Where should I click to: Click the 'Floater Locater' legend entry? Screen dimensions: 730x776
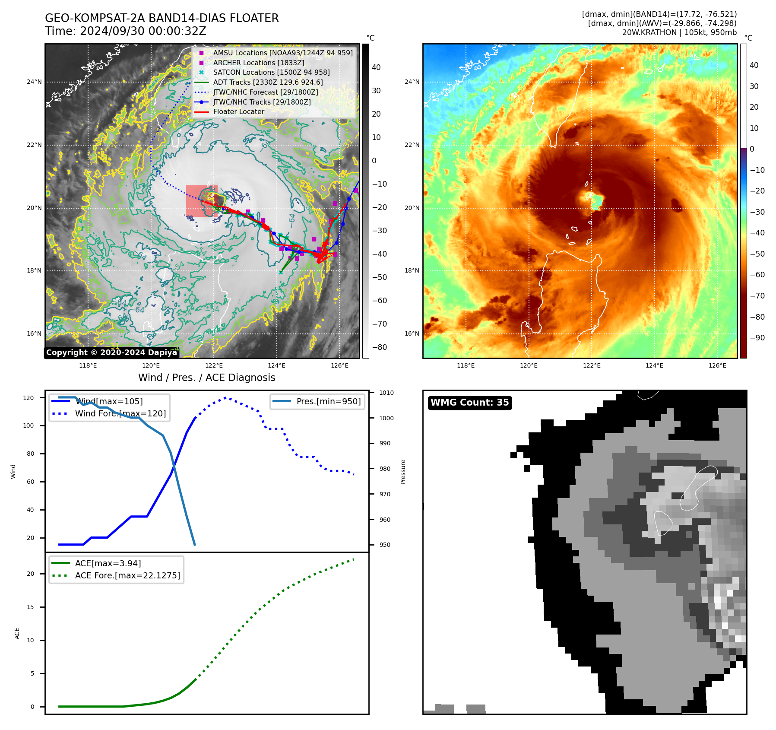[238, 111]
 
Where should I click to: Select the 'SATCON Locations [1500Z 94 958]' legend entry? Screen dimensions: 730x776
[271, 72]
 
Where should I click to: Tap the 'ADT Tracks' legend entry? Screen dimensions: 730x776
[268, 82]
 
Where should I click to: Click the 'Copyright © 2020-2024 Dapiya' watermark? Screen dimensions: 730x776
[111, 352]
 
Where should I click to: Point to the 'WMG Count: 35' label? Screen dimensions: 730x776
[469, 403]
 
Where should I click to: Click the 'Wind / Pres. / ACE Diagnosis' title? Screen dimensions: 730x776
[206, 378]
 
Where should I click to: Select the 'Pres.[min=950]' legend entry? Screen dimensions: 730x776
[328, 401]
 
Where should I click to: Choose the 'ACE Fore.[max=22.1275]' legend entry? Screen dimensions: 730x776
[127, 575]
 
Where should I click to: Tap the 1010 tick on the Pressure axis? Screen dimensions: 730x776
[386, 393]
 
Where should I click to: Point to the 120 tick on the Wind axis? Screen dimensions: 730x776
[29, 398]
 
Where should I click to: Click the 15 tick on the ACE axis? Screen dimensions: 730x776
[30, 607]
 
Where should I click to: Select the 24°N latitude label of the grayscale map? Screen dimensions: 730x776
[35, 82]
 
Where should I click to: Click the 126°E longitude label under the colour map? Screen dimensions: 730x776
[717, 365]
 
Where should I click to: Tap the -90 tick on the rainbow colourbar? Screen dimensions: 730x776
[757, 338]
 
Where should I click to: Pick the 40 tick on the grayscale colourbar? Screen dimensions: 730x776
[376, 67]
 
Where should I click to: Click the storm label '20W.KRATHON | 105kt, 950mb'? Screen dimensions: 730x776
[679, 32]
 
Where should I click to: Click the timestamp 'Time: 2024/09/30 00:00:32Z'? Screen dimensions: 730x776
[126, 31]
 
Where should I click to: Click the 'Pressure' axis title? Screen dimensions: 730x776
[403, 472]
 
